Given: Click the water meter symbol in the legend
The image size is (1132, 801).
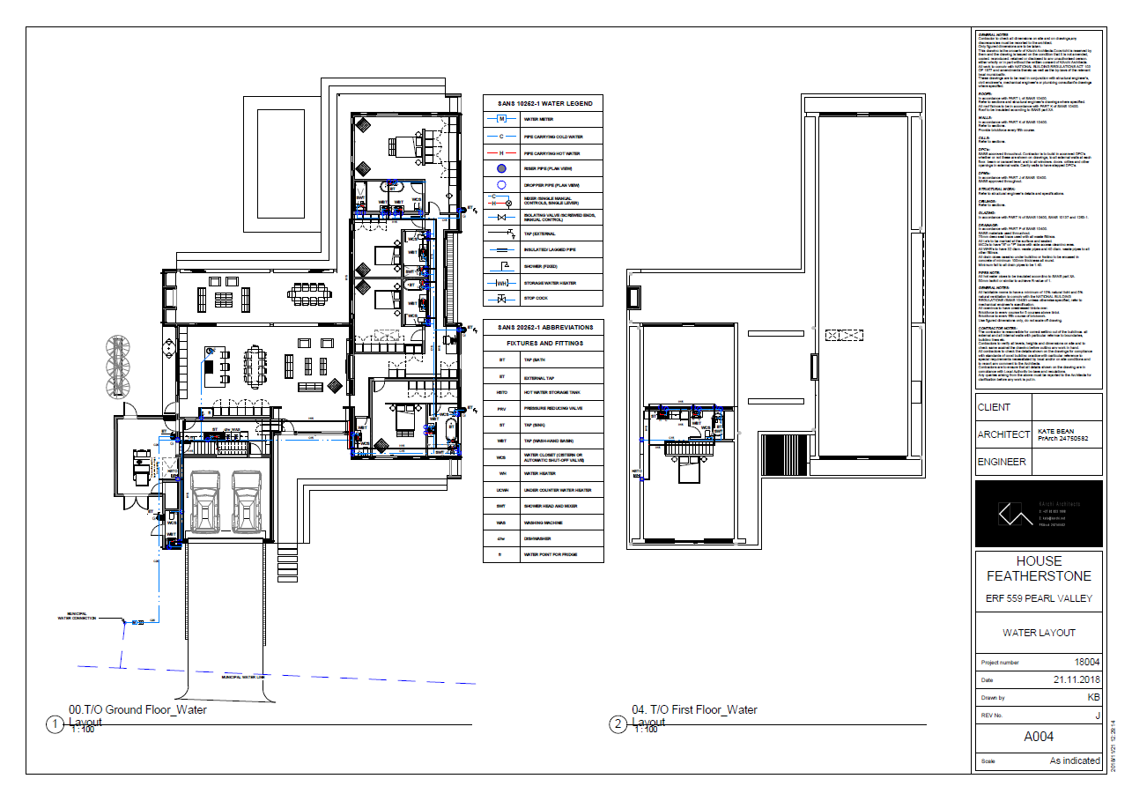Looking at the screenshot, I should coord(501,119).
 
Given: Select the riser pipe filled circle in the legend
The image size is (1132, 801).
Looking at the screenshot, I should coord(501,168).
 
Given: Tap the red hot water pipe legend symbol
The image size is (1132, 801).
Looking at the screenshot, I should coord(501,152).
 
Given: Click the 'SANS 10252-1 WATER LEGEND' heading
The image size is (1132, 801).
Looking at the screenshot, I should coord(542,103).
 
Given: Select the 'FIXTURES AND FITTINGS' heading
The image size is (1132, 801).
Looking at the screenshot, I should coord(544,343).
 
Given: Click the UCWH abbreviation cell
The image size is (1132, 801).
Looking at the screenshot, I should coord(501,490).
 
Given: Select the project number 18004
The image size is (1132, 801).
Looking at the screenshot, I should coord(1087,662).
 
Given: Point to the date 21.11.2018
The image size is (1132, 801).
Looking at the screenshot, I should coord(1076,679).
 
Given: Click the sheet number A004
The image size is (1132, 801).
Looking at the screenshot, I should coord(1038,737).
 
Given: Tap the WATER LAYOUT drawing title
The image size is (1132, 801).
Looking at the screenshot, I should coord(1039,633).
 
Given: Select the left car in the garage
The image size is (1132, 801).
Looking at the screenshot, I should coord(205,504).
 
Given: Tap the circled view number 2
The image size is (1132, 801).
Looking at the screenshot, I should coord(618,724).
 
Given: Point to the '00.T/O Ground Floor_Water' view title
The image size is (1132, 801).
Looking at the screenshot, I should coord(137,709).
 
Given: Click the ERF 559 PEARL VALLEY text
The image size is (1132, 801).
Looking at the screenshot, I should coord(1039,598).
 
